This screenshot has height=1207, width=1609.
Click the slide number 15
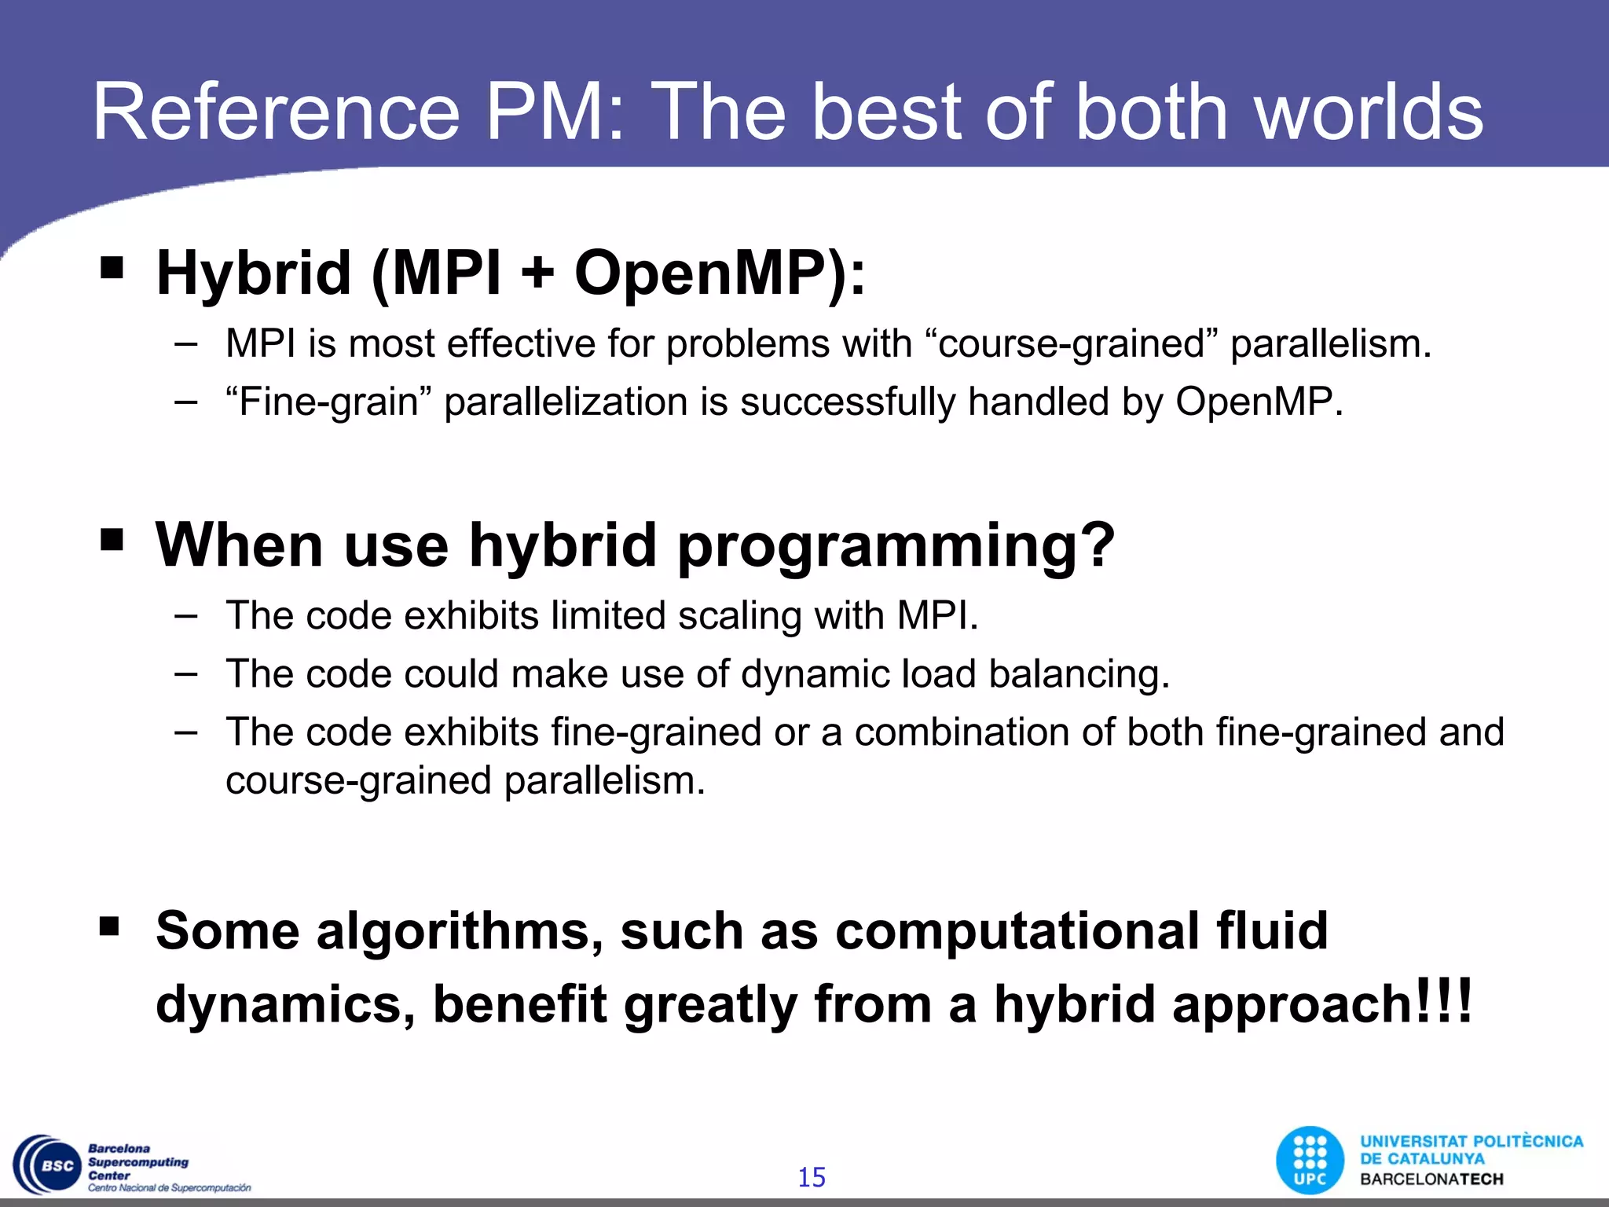[812, 1177]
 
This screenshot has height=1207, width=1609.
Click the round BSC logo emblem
[49, 1165]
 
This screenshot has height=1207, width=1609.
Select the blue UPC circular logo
[1310, 1161]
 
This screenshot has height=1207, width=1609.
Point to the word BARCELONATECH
[1431, 1179]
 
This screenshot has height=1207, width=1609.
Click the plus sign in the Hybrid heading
[537, 273]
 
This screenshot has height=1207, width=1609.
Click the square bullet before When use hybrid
[112, 540]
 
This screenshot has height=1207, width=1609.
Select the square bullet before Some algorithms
[110, 926]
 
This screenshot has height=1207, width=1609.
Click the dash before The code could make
[186, 673]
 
